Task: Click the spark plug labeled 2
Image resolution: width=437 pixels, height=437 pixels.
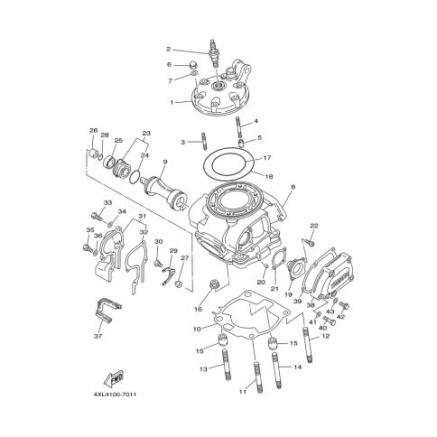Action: [214, 53]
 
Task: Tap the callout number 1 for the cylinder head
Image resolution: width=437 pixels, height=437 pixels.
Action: [172, 103]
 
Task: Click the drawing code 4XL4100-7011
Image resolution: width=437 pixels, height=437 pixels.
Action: [115, 394]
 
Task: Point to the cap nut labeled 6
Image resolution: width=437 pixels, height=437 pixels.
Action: [195, 65]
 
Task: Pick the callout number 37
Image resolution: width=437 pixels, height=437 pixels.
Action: [98, 336]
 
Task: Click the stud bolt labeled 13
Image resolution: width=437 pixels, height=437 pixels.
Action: [226, 366]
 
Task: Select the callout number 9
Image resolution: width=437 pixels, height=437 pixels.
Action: [164, 162]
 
